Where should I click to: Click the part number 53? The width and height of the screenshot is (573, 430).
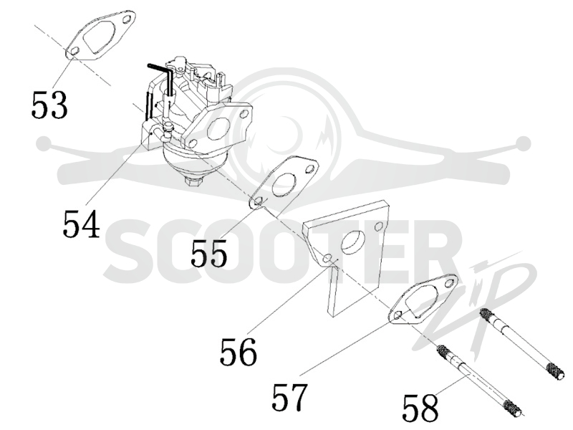click(49, 105)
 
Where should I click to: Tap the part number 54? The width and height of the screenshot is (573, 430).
click(82, 224)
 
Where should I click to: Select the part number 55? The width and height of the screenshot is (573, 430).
click(208, 252)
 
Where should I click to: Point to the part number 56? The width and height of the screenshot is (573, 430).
click(239, 352)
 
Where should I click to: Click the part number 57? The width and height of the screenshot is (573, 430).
click(289, 397)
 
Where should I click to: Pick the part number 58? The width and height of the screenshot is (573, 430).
click(420, 407)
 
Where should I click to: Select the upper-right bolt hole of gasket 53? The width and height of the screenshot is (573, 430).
click(127, 19)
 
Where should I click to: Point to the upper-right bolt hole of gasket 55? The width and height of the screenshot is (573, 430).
click(310, 168)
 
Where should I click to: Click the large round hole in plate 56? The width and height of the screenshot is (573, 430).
click(353, 243)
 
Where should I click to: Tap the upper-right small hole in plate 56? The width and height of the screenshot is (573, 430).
click(379, 226)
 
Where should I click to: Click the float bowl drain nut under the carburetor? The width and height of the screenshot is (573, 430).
click(193, 181)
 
